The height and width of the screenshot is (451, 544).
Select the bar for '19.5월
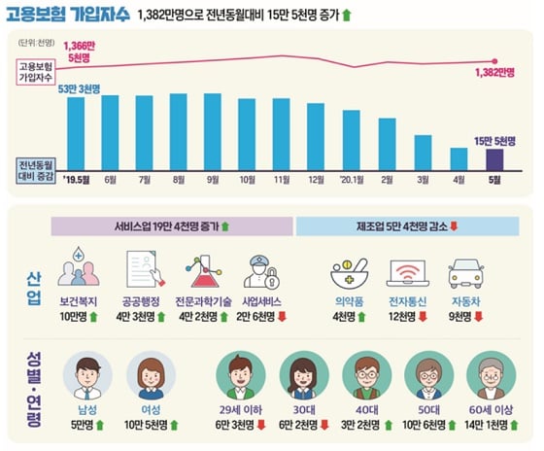[x=75, y=131]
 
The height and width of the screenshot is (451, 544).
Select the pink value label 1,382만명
[x=495, y=72]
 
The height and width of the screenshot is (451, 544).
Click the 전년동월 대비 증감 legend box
[x=38, y=168]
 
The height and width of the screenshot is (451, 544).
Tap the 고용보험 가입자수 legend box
[x=38, y=72]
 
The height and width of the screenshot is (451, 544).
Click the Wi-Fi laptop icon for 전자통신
[x=408, y=270]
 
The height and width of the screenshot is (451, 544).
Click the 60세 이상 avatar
[x=489, y=375]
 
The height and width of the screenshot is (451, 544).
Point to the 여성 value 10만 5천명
[x=147, y=423]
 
